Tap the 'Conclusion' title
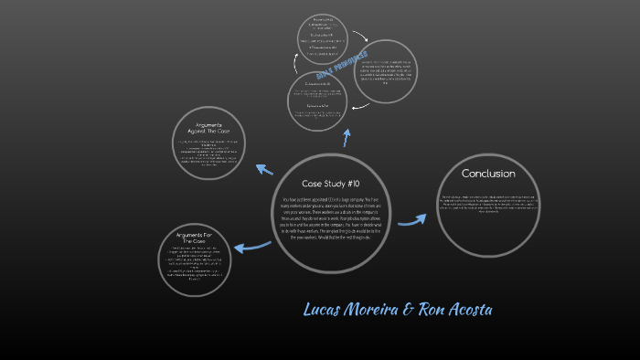[488, 174]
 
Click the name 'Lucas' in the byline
[326, 311]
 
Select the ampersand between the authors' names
[407, 311]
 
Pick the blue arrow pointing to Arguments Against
[265, 168]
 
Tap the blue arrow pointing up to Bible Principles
[347, 137]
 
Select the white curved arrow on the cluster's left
[294, 64]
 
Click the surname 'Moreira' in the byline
[369, 311]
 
